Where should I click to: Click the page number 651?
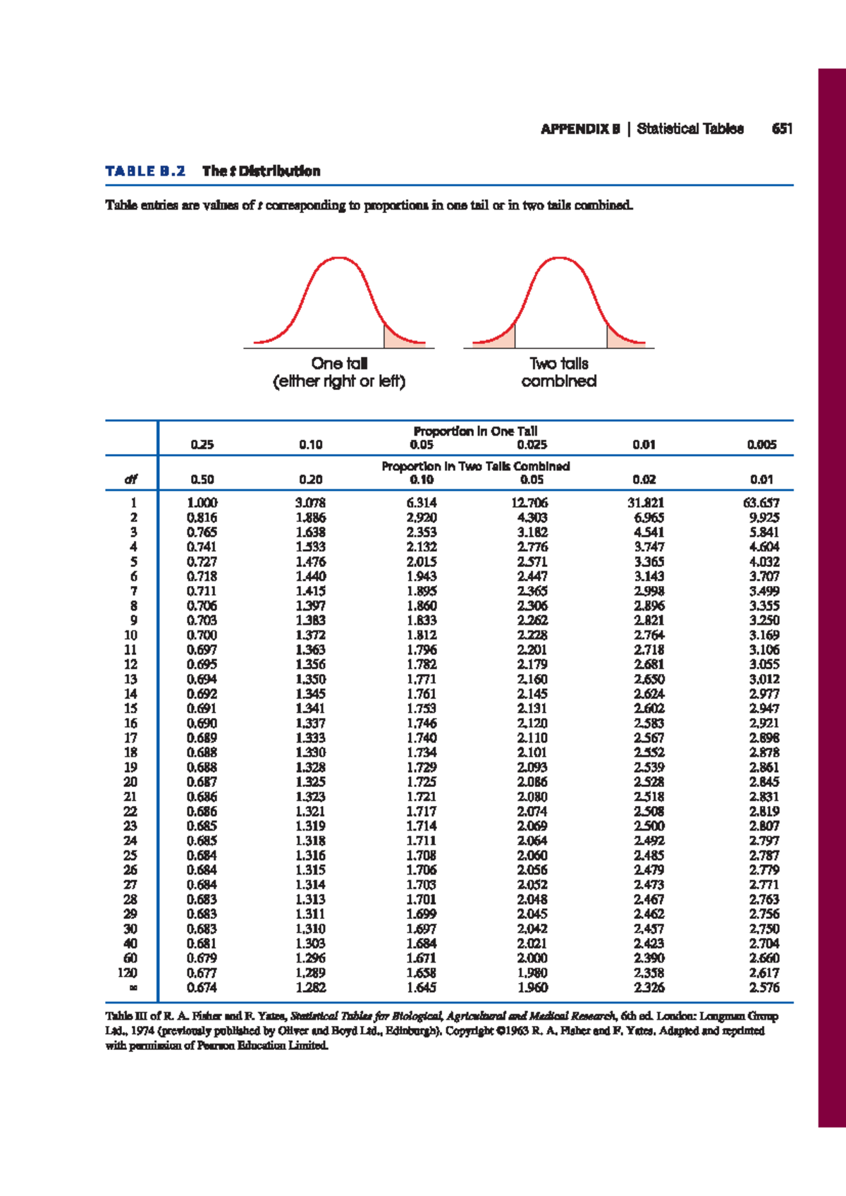(x=782, y=128)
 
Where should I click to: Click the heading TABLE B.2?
(x=145, y=171)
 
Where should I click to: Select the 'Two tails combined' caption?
(x=559, y=372)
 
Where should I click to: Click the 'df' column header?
(x=130, y=480)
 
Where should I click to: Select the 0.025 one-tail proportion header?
(x=532, y=444)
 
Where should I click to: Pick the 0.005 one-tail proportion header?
(x=761, y=444)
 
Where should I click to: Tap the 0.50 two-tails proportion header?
(x=202, y=480)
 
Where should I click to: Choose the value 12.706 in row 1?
(x=529, y=503)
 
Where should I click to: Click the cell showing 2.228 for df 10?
(x=532, y=635)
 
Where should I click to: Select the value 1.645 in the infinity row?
(x=422, y=987)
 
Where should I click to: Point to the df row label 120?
(x=127, y=972)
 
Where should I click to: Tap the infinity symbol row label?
(x=131, y=987)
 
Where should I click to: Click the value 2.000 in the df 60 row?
(x=532, y=958)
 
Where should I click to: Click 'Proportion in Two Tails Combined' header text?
(x=476, y=466)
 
